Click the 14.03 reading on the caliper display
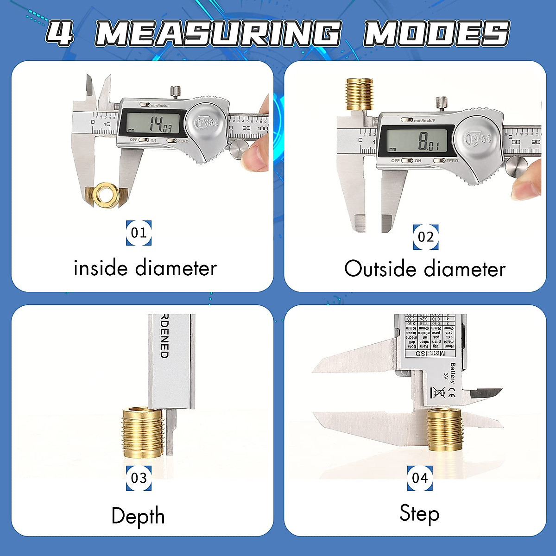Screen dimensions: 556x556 [x=160, y=124]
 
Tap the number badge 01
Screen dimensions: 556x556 [x=139, y=233]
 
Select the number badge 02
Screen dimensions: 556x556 [x=426, y=237]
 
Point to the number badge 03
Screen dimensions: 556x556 [x=139, y=478]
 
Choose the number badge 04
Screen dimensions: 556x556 [x=420, y=478]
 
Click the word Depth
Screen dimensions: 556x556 [x=138, y=516]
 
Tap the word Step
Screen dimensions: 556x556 [x=419, y=514]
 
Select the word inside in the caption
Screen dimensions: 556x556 [x=101, y=268]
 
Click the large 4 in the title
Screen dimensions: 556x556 [x=60, y=33]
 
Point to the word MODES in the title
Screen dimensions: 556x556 [x=436, y=33]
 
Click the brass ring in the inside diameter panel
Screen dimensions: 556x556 [x=106, y=195]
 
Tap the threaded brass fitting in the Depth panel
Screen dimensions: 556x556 [x=143, y=432]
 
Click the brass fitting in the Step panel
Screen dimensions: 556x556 [x=445, y=429]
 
